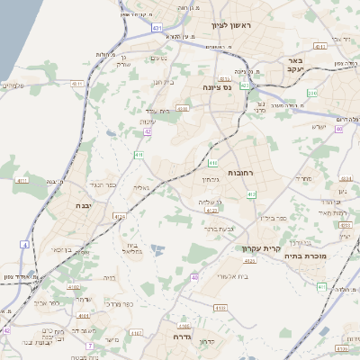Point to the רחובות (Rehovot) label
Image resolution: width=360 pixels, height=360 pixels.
(243, 172)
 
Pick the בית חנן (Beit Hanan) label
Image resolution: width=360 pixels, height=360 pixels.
(162, 81)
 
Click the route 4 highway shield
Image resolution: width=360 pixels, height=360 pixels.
(24, 244)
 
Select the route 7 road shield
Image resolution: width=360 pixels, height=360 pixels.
(90, 345)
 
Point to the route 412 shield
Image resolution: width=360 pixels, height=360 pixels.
(251, 194)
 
